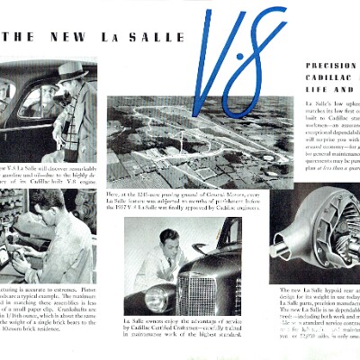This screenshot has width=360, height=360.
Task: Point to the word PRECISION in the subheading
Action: (332, 66)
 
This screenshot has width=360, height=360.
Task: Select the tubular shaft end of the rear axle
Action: (287, 241)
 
